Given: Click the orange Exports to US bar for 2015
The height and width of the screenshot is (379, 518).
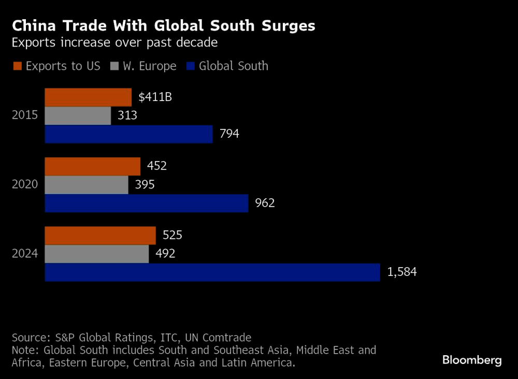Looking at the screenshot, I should pyautogui.click(x=88, y=97).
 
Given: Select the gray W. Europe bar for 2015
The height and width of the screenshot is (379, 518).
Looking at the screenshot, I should pyautogui.click(x=78, y=115).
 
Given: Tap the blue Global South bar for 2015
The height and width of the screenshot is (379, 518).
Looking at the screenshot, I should pyautogui.click(x=128, y=134).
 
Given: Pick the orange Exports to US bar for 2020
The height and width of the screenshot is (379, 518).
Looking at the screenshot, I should pyautogui.click(x=92, y=166).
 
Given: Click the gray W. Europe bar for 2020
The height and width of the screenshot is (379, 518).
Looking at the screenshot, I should pyautogui.click(x=87, y=185).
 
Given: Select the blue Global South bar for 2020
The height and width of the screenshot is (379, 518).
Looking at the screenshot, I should pyautogui.click(x=147, y=203).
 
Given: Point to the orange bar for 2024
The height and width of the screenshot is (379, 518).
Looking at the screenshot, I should pyautogui.click(x=100, y=236).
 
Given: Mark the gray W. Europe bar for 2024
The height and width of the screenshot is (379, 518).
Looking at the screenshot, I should pyautogui.click(x=97, y=254).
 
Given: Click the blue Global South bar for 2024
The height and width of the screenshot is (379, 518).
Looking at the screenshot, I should pyautogui.click(x=212, y=272).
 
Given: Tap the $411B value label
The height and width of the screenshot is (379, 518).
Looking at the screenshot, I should pyautogui.click(x=155, y=97).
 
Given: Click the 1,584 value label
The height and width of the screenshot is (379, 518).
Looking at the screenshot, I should pyautogui.click(x=401, y=272).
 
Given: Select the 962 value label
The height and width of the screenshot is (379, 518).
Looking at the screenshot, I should pyautogui.click(x=265, y=203).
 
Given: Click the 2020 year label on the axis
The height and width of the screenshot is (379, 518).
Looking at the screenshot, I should pyautogui.click(x=25, y=184).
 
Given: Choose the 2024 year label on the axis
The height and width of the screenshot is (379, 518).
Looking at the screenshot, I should pyautogui.click(x=25, y=254).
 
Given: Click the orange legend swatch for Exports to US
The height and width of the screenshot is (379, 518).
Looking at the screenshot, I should pyautogui.click(x=17, y=66).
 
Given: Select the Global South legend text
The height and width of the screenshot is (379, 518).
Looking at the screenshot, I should pyautogui.click(x=234, y=66).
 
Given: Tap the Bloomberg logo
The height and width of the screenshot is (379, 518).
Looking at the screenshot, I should pyautogui.click(x=472, y=360).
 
